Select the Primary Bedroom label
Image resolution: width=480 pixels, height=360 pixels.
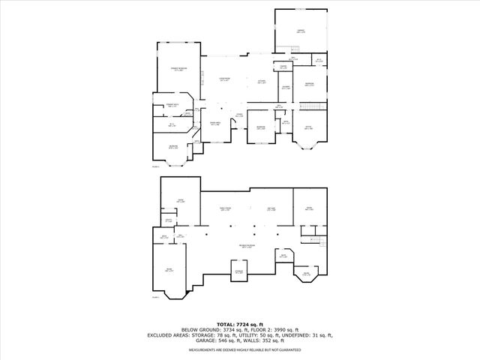click(178, 69)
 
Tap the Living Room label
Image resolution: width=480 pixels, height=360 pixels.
click(223, 79)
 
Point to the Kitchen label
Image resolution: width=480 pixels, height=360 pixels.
click(262, 81)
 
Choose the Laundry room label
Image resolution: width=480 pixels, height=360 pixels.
click(286, 88)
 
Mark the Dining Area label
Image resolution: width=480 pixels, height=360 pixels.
click(214, 124)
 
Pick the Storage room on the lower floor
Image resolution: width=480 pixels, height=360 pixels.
click(238, 271)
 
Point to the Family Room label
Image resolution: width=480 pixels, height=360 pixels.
click(225, 208)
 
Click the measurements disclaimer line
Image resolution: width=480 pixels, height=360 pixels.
click(240, 349)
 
